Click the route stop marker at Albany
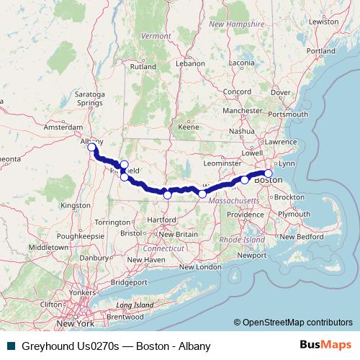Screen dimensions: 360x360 92,147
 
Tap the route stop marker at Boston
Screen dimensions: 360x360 269,173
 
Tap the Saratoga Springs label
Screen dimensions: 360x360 91,98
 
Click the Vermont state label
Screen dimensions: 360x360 156,35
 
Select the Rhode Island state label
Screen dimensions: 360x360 240,239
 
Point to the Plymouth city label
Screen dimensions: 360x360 294,215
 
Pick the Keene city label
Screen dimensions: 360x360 188,127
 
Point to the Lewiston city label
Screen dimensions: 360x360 324,22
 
